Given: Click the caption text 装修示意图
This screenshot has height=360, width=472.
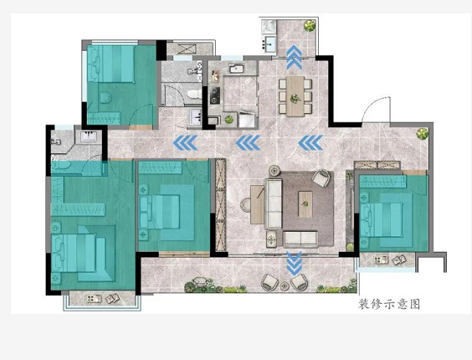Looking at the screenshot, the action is tap(389, 304).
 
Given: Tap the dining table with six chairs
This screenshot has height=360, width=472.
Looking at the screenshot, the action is tap(295, 96).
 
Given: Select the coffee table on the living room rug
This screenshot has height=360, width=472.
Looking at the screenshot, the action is tap(305, 204).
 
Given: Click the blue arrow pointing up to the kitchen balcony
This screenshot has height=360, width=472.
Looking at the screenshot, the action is tap(294, 57).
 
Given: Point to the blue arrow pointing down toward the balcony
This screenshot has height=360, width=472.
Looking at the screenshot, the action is tap(294, 264).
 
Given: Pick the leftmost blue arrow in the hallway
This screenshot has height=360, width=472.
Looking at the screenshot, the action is tap(185, 143).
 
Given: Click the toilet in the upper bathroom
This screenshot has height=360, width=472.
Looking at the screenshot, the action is tap(194, 94).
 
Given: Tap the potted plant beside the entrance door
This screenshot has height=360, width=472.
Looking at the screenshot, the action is tap(422, 133).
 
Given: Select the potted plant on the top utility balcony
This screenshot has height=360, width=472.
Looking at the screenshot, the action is tap(310, 25).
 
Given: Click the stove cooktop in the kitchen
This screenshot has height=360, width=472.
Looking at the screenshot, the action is tap(215, 95).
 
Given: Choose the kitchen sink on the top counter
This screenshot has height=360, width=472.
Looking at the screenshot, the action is tap(237, 69).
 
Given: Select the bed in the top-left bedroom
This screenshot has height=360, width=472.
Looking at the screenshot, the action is tap(110, 64).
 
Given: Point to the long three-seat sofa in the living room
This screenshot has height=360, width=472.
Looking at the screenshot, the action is tap(273, 204).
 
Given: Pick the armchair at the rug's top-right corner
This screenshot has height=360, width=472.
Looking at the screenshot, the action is tap(321, 178).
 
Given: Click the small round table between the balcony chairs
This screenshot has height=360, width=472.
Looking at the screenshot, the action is tap(285, 285).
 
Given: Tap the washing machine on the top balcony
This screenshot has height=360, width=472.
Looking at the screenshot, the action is tap(269, 27).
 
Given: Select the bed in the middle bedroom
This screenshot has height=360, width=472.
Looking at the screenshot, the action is tap(167, 213).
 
